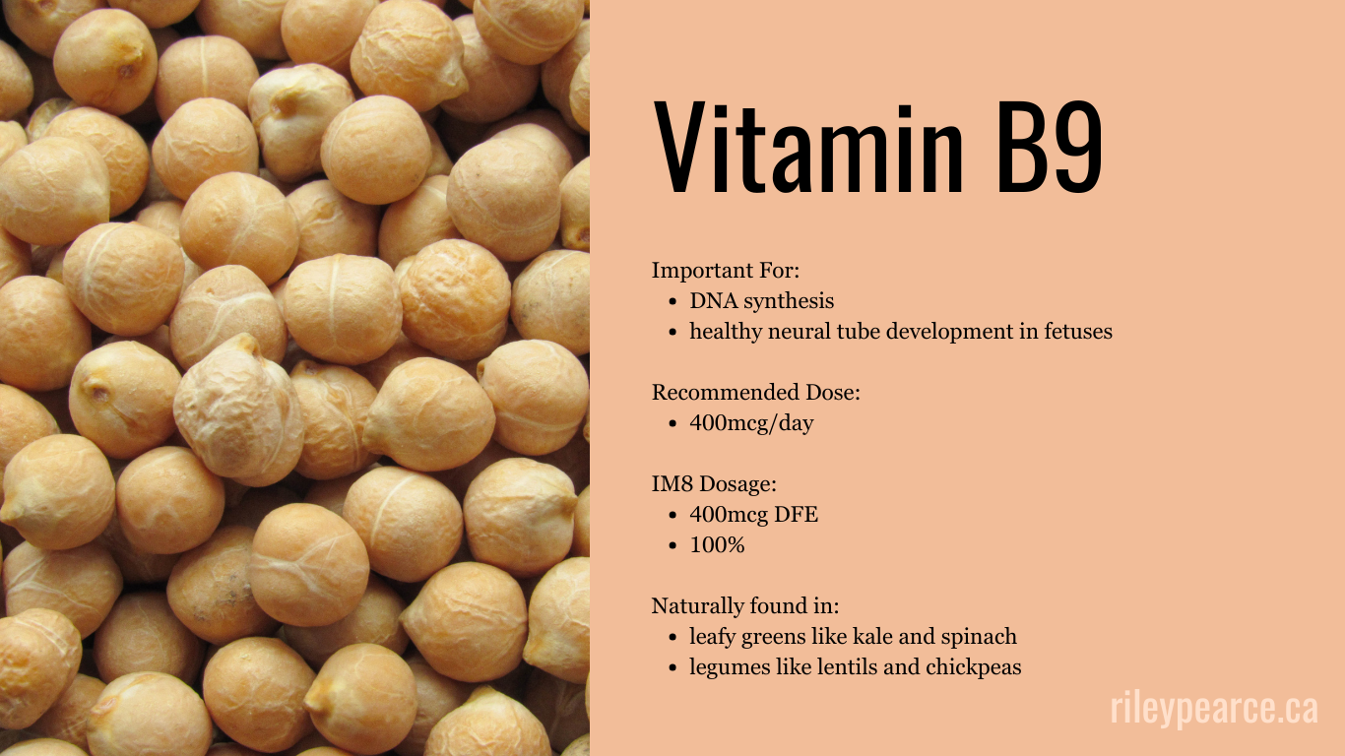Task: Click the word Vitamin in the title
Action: pos(807,146)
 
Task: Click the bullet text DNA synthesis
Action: pos(761,301)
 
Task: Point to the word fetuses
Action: pos(1076,332)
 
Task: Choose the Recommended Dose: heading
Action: pos(755,393)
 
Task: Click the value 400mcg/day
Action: pos(751,423)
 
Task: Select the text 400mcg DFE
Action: pos(753,514)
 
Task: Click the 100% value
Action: pos(717,544)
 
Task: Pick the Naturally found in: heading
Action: pos(745,605)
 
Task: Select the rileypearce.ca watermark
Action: pos(1213,709)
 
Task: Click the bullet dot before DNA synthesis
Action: pos(672,302)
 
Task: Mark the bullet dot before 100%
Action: pos(672,545)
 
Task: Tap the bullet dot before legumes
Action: pos(672,668)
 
